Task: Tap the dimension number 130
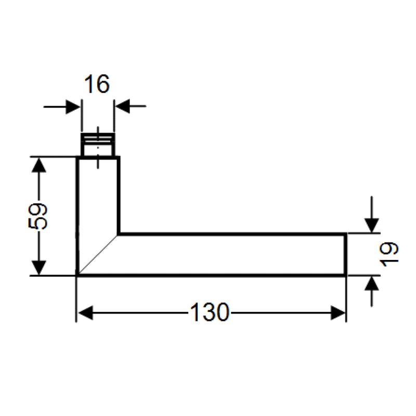pos(209,313)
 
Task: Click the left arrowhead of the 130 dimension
pos(85,313)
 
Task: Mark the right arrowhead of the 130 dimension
pos(339,313)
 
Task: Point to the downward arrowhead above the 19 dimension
pos(371,225)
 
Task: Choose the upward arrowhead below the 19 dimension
pos(371,284)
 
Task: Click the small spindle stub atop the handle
pos(98,145)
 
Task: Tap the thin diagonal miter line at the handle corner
pos(98,255)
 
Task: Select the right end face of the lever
pos(346,255)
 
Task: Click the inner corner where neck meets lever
pos(119,235)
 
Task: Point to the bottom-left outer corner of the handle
pos(77,275)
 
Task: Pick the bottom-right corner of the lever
pos(346,275)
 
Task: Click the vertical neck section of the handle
pos(98,198)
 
